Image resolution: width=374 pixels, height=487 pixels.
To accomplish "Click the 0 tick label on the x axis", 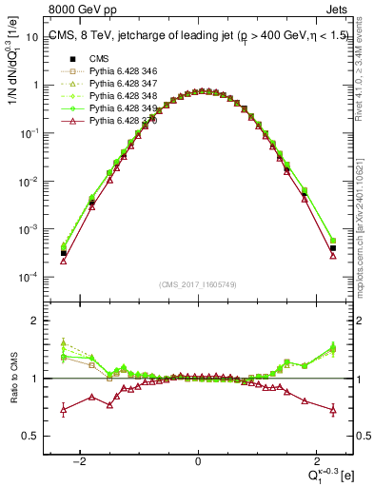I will point(198,460).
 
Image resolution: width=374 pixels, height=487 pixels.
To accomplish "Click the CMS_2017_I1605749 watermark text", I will point(198,284).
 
